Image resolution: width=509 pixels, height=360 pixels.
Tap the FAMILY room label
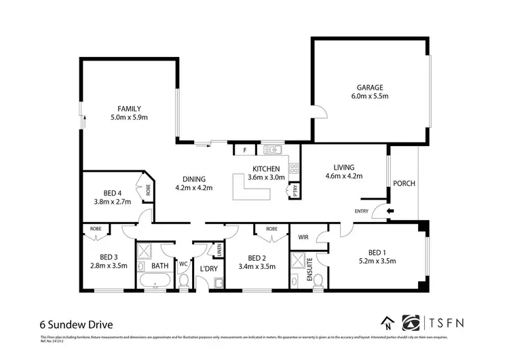[x=129, y=109]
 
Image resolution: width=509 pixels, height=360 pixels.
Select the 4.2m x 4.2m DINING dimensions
[x=194, y=188]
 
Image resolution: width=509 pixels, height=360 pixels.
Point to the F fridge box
[x=244, y=150]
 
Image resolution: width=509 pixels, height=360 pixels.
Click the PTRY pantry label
[x=295, y=192]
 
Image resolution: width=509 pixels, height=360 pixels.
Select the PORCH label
[x=404, y=183]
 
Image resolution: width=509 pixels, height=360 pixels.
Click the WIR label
[x=303, y=238]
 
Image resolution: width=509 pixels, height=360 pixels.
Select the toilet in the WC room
[x=183, y=280]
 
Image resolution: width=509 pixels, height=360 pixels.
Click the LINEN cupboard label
[x=219, y=251]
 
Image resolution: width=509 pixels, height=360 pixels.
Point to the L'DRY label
[x=208, y=268]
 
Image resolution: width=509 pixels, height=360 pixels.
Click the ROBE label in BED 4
[x=148, y=190]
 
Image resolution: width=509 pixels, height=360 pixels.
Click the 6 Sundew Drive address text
[x=75, y=324]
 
